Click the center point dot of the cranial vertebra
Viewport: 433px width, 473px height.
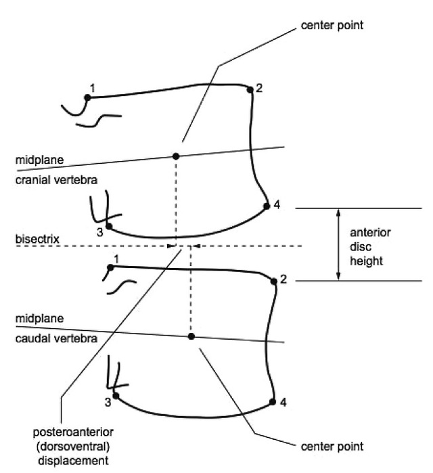(176, 156)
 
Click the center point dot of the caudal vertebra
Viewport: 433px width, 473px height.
(191, 336)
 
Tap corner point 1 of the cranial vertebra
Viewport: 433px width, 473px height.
(87, 97)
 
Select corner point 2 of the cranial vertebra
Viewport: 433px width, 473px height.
(250, 89)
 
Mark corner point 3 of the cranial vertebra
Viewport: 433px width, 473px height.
(109, 226)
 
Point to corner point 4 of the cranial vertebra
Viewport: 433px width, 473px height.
(267, 206)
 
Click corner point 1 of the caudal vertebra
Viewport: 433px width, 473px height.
(110, 267)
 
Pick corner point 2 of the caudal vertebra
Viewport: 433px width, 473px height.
(274, 281)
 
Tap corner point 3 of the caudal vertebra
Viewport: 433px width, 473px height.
(116, 395)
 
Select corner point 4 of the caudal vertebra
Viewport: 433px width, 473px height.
(273, 402)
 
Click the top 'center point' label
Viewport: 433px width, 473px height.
(332, 25)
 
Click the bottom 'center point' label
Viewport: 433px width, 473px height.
(332, 447)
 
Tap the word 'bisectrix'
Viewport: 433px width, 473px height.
(37, 239)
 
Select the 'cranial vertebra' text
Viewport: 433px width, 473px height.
(56, 180)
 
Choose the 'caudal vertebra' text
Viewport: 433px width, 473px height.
(56, 338)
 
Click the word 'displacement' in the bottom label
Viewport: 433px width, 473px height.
(73, 461)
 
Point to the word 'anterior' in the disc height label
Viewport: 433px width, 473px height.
(370, 233)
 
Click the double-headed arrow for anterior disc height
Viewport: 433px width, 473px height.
(338, 245)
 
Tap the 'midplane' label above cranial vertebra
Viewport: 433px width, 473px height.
(39, 160)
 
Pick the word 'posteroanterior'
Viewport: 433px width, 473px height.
(73, 432)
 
